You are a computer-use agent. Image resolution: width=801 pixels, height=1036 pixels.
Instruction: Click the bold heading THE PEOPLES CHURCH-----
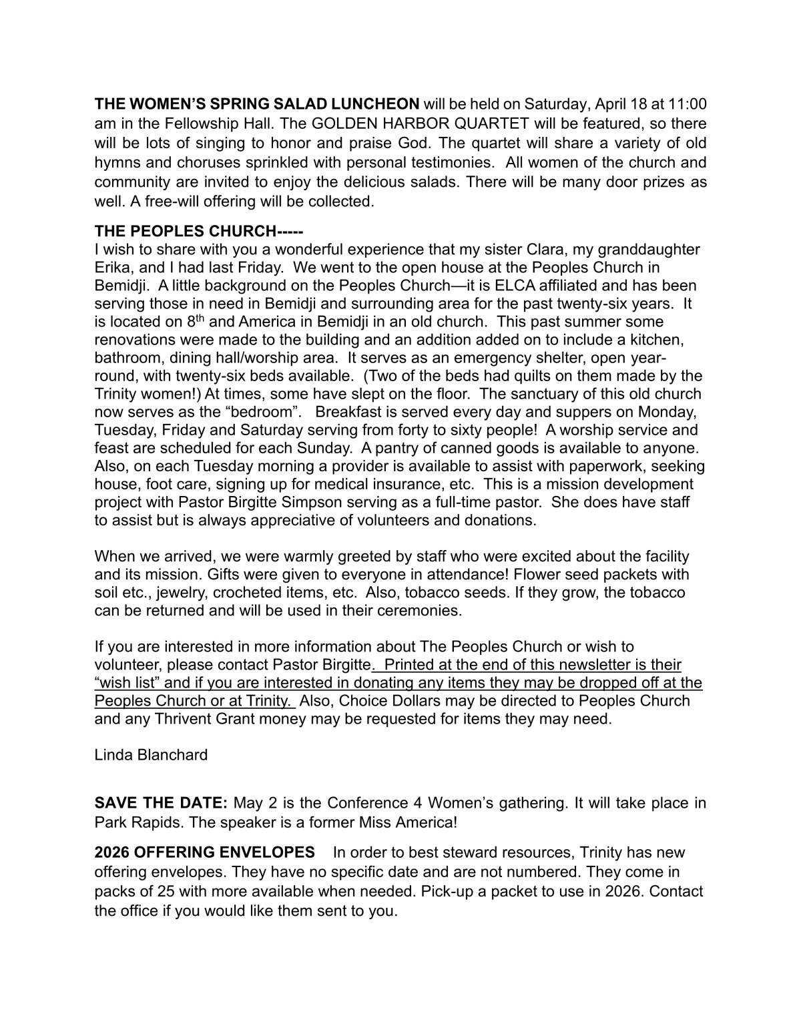tap(199, 231)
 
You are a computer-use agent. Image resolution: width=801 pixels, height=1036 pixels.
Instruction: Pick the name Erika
tap(113, 268)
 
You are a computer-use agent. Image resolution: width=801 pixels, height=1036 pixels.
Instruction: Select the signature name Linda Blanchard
tap(151, 755)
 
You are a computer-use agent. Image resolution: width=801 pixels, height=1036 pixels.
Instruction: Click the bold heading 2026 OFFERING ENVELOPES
tap(204, 852)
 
